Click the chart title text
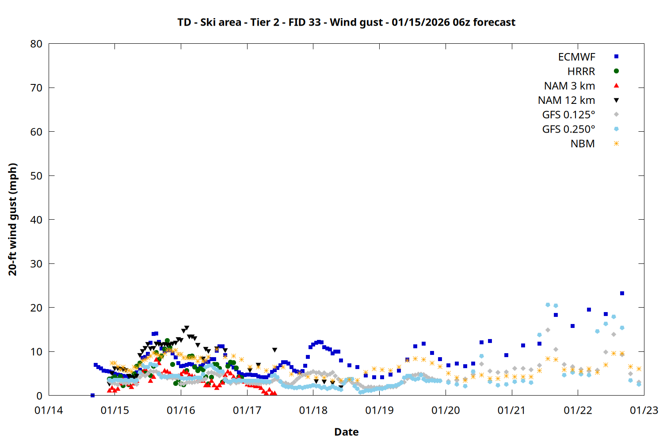click(346, 22)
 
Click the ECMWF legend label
click(576, 57)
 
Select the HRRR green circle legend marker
click(616, 71)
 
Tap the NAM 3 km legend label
click(569, 86)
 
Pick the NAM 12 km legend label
click(566, 100)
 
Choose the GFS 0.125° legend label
click(568, 115)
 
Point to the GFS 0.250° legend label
click(568, 130)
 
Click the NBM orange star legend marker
click(616, 144)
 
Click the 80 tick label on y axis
click(36, 44)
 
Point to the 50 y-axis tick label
click(36, 175)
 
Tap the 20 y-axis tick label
click(36, 308)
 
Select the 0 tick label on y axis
click(39, 396)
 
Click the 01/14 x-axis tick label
click(49, 411)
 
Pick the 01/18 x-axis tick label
click(313, 411)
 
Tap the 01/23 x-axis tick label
click(644, 411)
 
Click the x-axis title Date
click(346, 432)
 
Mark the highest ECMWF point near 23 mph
click(622, 293)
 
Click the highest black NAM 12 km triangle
click(187, 328)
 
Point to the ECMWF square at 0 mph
click(92, 395)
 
